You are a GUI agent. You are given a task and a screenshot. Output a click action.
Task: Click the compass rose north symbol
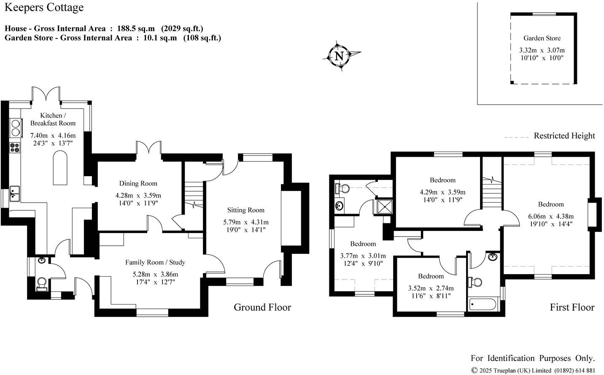pyautogui.click(x=340, y=55)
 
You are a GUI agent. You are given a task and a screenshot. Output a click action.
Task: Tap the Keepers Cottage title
pyautogui.click(x=44, y=8)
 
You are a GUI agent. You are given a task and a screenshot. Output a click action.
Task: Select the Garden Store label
pyautogui.click(x=542, y=38)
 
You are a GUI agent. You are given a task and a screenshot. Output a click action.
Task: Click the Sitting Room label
pyautogui.click(x=246, y=210)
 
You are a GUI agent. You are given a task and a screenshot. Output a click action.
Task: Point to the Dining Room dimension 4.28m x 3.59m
pyautogui.click(x=138, y=196)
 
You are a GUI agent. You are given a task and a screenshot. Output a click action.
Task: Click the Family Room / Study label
pyautogui.click(x=155, y=262)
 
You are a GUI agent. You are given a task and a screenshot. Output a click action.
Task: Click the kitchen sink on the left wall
pyautogui.click(x=15, y=193)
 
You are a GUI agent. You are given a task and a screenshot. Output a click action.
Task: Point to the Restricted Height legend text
pyautogui.click(x=564, y=136)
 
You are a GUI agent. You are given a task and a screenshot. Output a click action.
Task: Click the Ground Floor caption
pyautogui.click(x=262, y=307)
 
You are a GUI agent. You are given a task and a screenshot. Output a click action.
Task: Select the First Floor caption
pyautogui.click(x=572, y=307)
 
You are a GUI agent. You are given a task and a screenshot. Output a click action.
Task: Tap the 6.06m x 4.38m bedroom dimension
pyautogui.click(x=551, y=216)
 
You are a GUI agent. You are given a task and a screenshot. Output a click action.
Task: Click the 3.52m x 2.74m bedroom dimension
pyautogui.click(x=431, y=288)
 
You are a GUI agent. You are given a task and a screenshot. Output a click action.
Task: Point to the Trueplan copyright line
pyautogui.click(x=533, y=370)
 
